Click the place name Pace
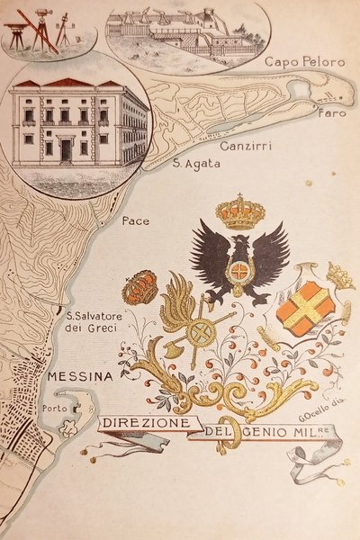pyautogui.click(x=135, y=220)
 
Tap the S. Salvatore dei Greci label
pyautogui.click(x=99, y=320)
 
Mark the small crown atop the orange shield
pyautogui.click(x=339, y=274)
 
